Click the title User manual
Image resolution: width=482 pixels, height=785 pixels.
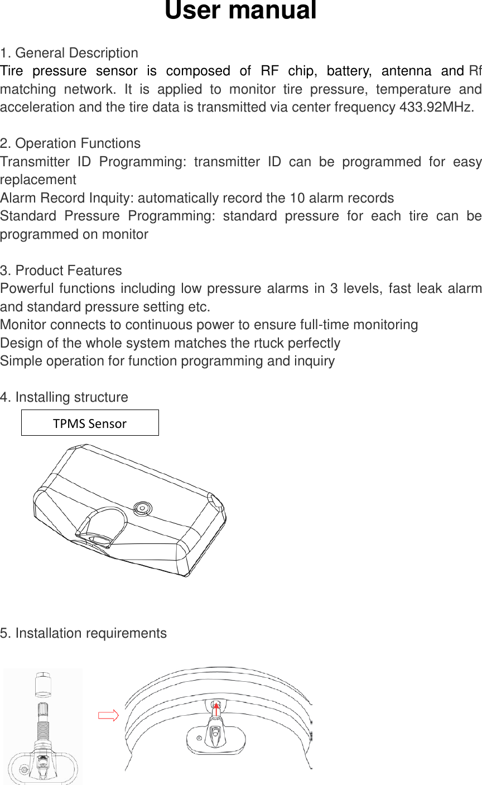[240, 11]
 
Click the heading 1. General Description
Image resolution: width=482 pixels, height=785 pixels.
[69, 53]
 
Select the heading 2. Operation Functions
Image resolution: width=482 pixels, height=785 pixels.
[70, 143]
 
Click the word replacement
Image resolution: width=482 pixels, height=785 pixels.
[38, 180]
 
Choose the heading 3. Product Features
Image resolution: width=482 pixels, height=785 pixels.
[61, 271]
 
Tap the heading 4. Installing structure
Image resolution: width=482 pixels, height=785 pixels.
[64, 397]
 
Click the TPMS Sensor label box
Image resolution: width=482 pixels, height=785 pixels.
[90, 423]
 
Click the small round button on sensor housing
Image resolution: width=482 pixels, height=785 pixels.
[142, 508]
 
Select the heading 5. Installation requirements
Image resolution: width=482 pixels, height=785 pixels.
[83, 633]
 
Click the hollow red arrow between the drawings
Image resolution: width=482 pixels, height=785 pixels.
[108, 716]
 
